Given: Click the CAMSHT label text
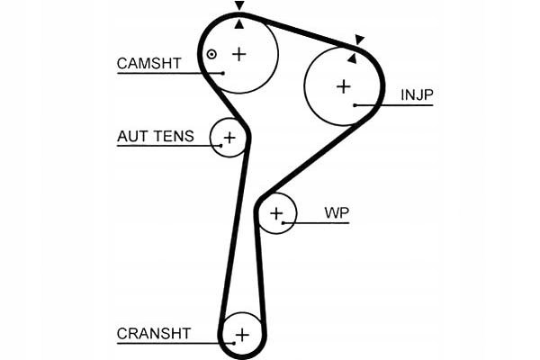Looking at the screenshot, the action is coord(148,63).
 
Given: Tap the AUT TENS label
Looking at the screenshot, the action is coord(156,137).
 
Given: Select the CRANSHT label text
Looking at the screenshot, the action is coord(154,334).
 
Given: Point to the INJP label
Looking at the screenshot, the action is coord(417,94).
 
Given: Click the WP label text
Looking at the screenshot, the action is coord(337,213).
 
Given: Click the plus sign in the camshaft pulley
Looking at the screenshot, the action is coord(239,54).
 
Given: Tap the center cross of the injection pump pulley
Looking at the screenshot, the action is coord(344,86).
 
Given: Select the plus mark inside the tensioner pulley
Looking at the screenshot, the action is coord(229,138).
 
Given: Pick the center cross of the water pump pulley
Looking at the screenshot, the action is coord(276,214).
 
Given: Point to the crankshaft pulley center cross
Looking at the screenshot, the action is coord(242,335).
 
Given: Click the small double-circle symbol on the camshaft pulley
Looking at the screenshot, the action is coord(211,54).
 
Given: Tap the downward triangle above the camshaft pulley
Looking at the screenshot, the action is coord(239,5).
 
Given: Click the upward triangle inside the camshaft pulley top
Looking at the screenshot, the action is coord(239,23).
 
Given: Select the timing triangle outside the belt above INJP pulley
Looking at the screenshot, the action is coord(359,40).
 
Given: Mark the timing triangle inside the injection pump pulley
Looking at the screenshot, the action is coord(352,58).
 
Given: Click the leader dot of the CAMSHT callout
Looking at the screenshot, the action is coord(223,73).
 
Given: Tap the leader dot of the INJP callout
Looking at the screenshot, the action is coord(355,105).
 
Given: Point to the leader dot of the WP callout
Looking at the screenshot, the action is coord(283,223).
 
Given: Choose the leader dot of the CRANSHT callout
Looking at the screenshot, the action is coord(234,343).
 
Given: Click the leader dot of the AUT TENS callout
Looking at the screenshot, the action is coord(221,146).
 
